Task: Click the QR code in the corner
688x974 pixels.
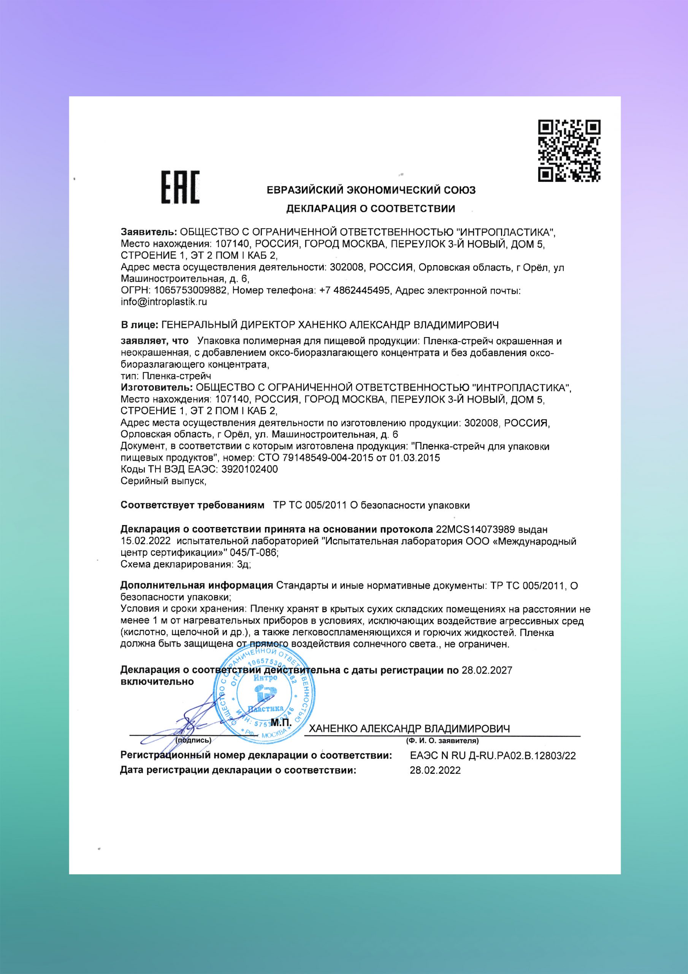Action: [x=569, y=151]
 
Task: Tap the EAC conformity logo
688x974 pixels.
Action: [x=180, y=187]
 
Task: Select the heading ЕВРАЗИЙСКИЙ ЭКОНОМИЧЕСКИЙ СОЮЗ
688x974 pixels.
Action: [x=371, y=190]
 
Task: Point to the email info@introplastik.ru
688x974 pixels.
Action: [x=164, y=302]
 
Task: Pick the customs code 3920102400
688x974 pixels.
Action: [x=250, y=469]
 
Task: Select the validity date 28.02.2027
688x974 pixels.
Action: [x=487, y=670]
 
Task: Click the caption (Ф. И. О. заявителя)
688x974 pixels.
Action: [x=442, y=741]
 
